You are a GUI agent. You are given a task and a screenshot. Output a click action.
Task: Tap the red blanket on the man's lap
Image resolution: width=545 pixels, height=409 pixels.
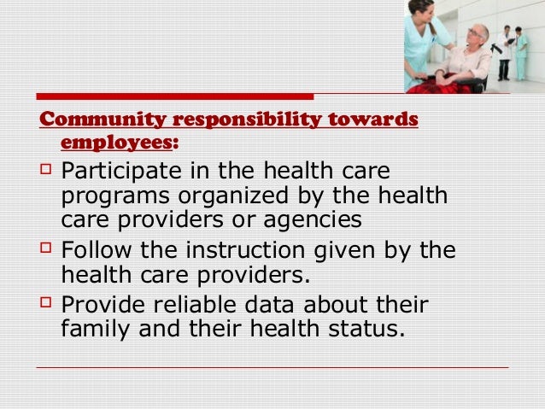click(444, 80)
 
